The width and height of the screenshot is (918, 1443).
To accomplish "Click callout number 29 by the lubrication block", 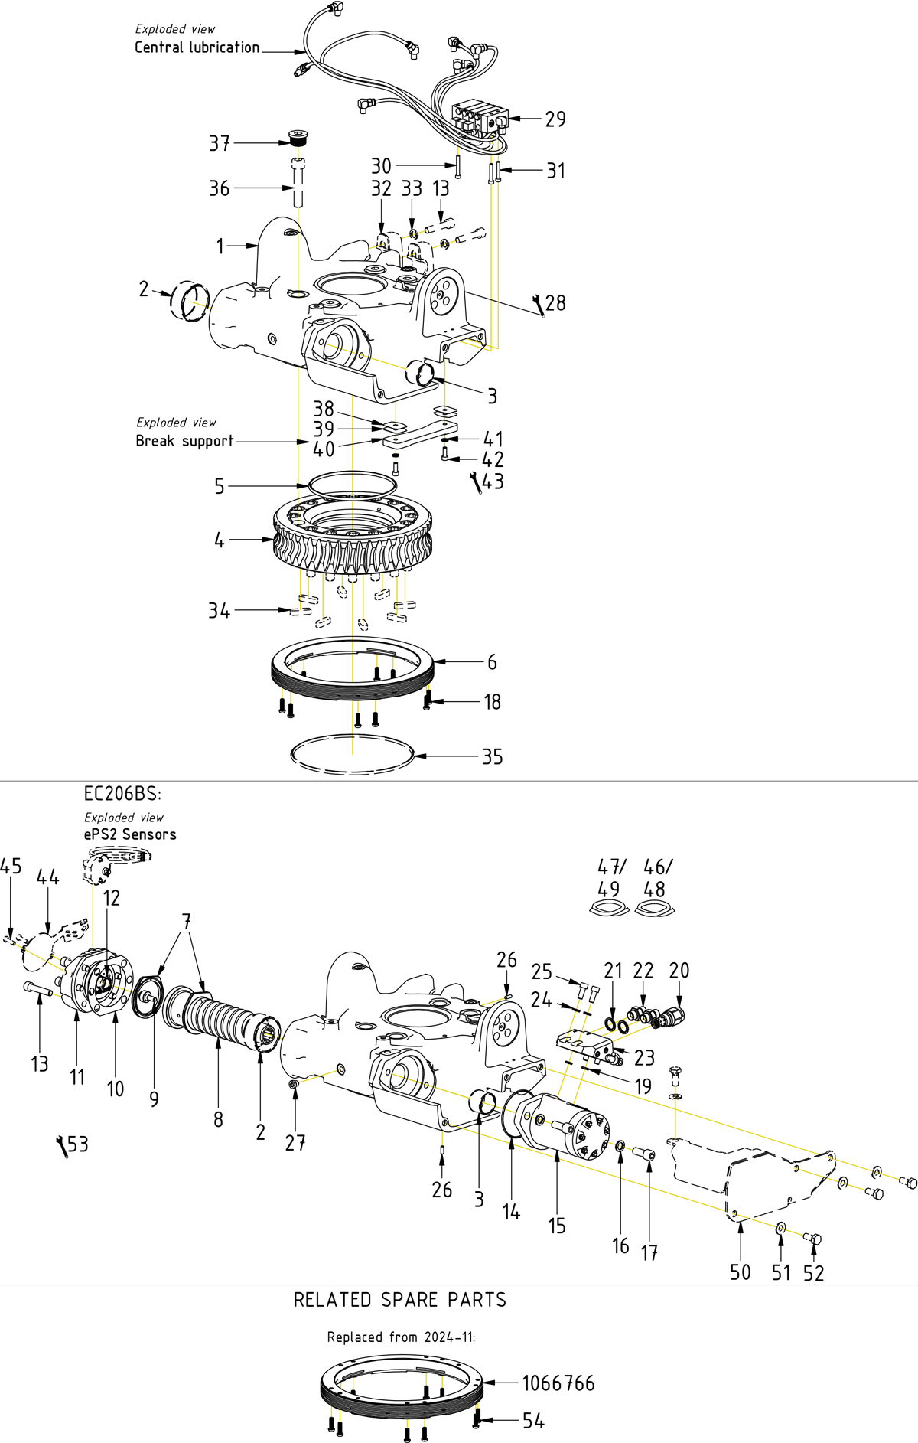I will click(555, 119).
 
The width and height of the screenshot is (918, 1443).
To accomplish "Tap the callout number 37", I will click(220, 143).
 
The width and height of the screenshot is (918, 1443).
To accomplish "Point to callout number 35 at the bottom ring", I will click(492, 757).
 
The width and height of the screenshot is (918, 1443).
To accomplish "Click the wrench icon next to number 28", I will click(539, 305).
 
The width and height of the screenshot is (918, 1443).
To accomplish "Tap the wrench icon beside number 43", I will click(476, 483).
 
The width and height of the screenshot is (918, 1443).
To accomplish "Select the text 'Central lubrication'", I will click(197, 47).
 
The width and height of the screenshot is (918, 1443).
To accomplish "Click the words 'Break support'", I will click(184, 441).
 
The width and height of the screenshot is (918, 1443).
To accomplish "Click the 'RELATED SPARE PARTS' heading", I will click(399, 1300).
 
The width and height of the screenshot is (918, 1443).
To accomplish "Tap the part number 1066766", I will click(558, 1383).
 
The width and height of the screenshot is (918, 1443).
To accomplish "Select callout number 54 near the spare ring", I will click(533, 1421).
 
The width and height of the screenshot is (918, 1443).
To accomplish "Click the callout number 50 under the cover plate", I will click(740, 1272).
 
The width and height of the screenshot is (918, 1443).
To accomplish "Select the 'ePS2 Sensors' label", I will click(130, 834).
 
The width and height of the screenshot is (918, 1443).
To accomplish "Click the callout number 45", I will click(11, 867).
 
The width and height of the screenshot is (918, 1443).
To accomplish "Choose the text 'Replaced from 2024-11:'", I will click(401, 1337).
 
